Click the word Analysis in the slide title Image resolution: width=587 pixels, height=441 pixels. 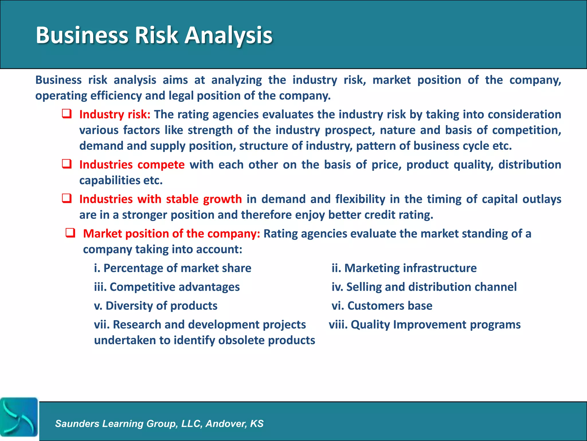[x=228, y=35]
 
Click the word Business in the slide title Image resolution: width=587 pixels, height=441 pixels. [x=82, y=35]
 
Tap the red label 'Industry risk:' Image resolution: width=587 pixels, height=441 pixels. [x=115, y=115]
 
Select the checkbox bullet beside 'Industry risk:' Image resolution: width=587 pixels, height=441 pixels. [x=67, y=114]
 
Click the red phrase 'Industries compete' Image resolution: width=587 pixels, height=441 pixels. [x=132, y=165]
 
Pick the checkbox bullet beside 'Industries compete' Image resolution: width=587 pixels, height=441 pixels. [x=67, y=164]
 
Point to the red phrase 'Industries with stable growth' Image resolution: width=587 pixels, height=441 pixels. [x=161, y=199]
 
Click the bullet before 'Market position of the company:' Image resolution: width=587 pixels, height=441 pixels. [x=71, y=233]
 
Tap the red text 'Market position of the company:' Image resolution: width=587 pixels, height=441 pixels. [x=171, y=234]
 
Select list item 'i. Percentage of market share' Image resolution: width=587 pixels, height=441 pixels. [x=173, y=268]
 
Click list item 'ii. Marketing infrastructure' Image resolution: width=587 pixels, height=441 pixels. [x=404, y=268]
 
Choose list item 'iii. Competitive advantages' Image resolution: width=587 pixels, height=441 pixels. [x=167, y=287]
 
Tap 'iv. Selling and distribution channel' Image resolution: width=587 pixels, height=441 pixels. [x=424, y=287]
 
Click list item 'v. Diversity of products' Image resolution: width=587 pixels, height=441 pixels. [x=156, y=306]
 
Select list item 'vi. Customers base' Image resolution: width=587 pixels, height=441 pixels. [x=382, y=306]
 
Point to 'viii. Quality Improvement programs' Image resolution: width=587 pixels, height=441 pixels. [x=424, y=325]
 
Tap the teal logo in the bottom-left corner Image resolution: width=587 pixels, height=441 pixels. [x=19, y=417]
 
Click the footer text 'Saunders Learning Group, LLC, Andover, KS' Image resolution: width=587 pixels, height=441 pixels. [x=159, y=424]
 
